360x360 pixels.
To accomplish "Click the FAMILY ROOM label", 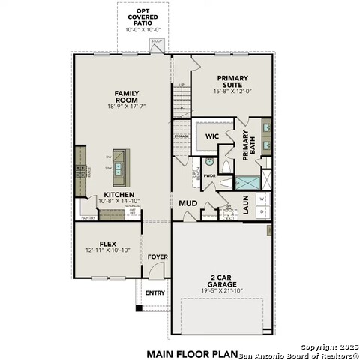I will pos(127,96).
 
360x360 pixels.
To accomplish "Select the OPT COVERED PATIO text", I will pos(137,16).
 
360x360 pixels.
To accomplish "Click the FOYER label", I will pos(157,257).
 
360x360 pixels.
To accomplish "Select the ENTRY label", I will pos(154,292).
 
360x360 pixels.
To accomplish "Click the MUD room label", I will pos(187,203).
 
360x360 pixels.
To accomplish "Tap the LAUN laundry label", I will pos(246,204).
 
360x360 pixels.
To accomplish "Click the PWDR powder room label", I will pos(209,176).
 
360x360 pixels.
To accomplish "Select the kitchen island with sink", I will pos(119,163).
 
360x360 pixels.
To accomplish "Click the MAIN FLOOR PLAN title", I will pos(191,352).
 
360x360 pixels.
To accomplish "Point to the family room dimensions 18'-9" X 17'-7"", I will pos(127,106).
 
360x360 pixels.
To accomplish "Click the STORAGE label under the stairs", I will pos(181,136).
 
